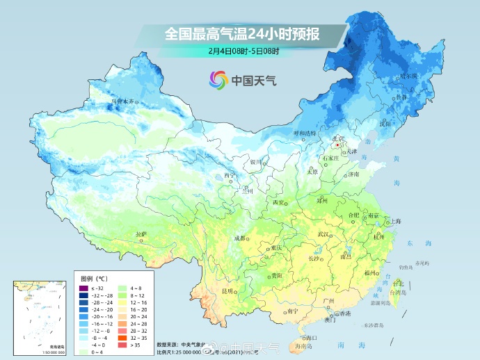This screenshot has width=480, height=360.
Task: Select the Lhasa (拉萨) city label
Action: point(141,235)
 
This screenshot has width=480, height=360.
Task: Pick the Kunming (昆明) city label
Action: point(227,290)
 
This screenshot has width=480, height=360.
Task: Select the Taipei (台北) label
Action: point(398,284)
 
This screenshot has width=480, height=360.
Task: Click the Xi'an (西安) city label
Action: point(278,202)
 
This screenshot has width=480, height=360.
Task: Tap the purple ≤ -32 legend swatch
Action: point(83,288)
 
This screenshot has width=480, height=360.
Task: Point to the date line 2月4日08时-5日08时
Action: point(243,51)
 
